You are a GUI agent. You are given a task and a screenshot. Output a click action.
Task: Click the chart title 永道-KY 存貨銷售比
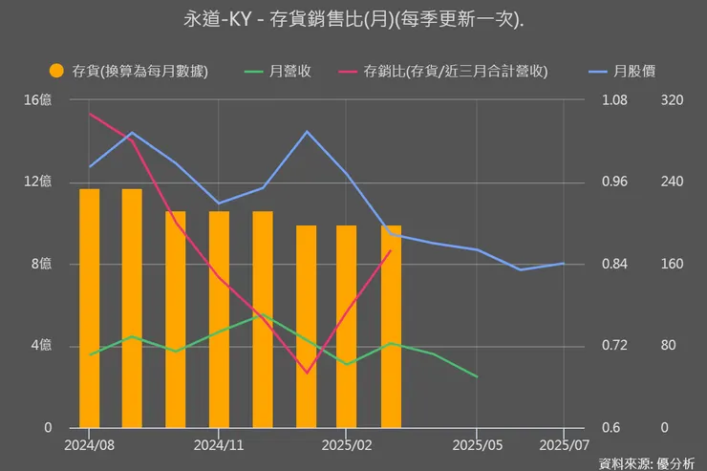(353, 18)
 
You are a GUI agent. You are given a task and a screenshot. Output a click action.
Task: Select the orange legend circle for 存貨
(56, 71)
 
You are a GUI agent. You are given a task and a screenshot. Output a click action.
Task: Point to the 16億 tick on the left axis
(38, 99)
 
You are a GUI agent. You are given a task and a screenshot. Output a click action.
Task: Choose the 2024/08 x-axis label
(89, 444)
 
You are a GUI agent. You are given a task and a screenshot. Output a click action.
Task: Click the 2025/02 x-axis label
(348, 444)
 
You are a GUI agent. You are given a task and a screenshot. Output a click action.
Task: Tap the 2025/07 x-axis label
(564, 444)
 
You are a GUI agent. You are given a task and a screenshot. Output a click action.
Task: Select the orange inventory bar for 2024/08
(89, 308)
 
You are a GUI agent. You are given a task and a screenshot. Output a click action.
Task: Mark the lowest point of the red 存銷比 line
(306, 372)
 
